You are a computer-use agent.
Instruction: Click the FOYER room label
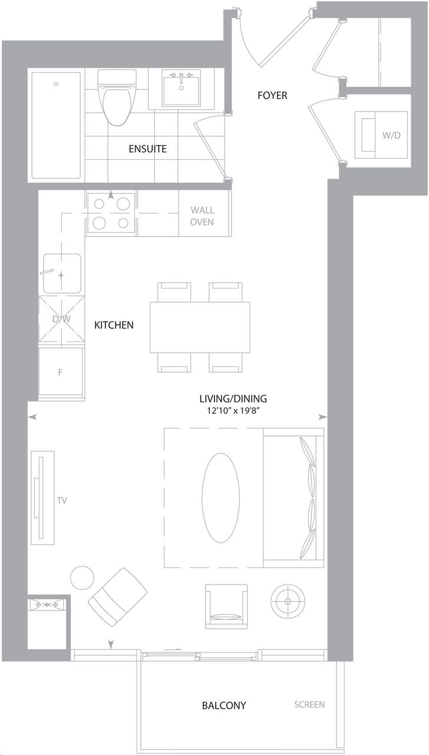coord(272,96)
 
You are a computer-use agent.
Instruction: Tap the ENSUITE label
coord(148,149)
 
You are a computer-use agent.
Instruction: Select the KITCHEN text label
coord(114,325)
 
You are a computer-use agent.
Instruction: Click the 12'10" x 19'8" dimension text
coord(233,411)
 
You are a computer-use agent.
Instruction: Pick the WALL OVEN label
coord(202,216)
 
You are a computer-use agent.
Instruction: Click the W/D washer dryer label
coord(392,135)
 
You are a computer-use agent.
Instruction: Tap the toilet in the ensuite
coord(117,98)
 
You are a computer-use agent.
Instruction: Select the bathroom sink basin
coord(181,88)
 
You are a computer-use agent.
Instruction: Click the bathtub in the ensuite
coord(56,125)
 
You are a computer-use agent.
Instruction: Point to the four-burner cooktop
coord(111,213)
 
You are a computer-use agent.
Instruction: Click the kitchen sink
coord(62,274)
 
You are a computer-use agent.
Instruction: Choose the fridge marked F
coord(61,373)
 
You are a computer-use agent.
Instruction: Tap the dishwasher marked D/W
coord(61,319)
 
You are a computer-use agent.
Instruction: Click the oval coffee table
coord(221,498)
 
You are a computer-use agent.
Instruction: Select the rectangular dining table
coord(200,327)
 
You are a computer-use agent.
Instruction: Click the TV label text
coord(62,501)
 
